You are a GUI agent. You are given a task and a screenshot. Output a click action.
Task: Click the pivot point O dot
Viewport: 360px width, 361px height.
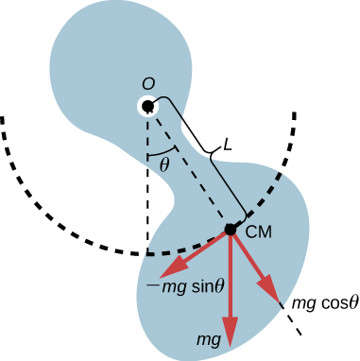tap(148, 107)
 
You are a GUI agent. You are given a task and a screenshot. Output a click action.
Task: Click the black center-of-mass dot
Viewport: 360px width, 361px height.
tap(230, 229)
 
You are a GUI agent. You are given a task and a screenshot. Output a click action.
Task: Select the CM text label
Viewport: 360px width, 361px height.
tap(259, 232)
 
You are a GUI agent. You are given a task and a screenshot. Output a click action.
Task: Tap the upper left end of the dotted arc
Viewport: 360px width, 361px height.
tap(5, 118)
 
